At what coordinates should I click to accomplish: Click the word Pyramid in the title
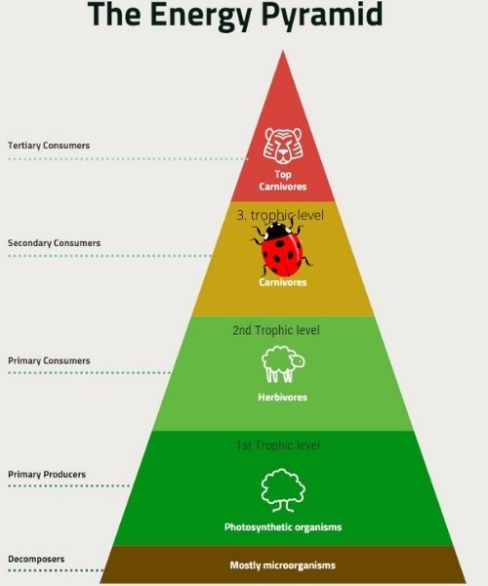[x=321, y=15]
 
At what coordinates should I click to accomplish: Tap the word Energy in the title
[x=201, y=15]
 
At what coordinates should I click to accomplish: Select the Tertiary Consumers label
[x=49, y=146]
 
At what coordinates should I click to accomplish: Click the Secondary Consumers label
[x=54, y=243]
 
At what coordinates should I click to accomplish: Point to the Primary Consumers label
[x=49, y=361]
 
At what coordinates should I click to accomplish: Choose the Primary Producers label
[x=47, y=475]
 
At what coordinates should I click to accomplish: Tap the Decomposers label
[x=36, y=559]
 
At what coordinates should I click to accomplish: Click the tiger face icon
[x=283, y=146]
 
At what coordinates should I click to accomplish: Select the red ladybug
[x=281, y=248]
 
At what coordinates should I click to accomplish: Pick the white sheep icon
[x=283, y=364]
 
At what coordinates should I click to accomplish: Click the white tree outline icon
[x=283, y=490]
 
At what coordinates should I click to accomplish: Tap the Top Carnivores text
[x=283, y=181]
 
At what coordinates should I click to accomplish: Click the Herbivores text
[x=283, y=397]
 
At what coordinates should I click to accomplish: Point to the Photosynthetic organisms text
[x=283, y=527]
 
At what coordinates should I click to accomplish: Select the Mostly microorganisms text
[x=283, y=565]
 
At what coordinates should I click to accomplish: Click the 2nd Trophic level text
[x=276, y=330]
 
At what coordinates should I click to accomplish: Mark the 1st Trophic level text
[x=278, y=445]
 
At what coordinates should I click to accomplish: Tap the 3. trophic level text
[x=280, y=215]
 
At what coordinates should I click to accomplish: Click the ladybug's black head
[x=276, y=230]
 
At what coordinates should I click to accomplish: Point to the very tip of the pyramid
[x=283, y=51]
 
